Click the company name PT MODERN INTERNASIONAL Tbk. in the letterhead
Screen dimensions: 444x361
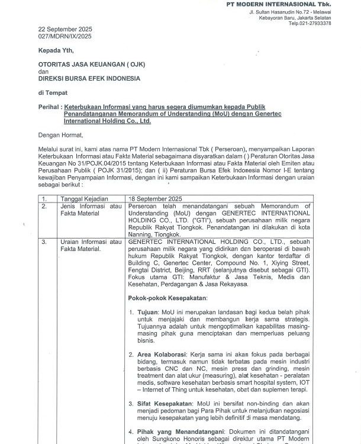click(x=286, y=5)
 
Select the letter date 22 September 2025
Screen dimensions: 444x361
click(x=66, y=29)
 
